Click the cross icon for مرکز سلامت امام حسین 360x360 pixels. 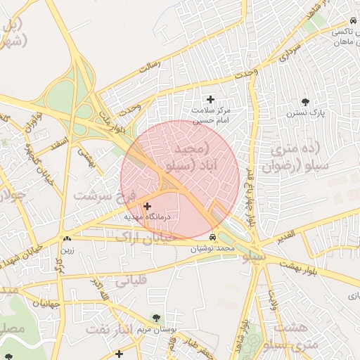point(210,99)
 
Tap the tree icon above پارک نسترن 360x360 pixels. point(304,101)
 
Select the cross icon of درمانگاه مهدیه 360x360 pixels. point(147,206)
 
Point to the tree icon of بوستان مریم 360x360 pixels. point(155,318)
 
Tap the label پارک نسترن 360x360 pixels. point(304,112)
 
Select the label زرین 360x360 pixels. point(67,250)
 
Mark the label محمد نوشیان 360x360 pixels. point(214,249)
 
